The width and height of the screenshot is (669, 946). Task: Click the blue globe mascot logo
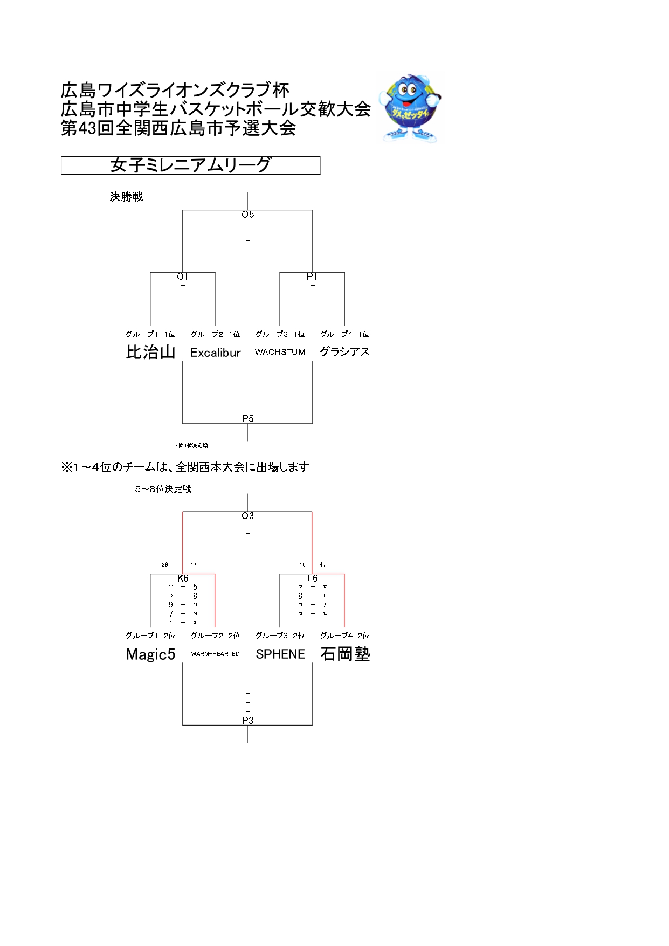pos(410,108)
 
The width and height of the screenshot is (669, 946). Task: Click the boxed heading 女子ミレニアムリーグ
pos(190,165)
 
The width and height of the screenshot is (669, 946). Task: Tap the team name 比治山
pos(150,352)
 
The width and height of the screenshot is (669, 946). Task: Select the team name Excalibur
pos(215,353)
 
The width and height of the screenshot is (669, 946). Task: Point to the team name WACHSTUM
pos(280,352)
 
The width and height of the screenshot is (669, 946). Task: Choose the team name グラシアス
pos(344,352)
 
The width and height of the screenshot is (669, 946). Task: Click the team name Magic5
pos(150,654)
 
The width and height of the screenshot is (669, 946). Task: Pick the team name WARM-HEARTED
pos(215,654)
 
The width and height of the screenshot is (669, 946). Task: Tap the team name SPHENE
pos(280,654)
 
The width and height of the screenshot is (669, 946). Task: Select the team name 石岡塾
pos(345,654)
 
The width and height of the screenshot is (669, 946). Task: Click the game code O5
pos(247,215)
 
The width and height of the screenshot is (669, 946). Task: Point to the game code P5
pos(247,419)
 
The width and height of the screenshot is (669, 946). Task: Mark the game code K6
pos(183,578)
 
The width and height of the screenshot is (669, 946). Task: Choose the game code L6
pos(312,578)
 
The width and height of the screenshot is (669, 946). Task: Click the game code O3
pos(247,516)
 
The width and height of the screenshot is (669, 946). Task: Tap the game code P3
pos(247,721)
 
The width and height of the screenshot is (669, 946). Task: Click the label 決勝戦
pos(126,197)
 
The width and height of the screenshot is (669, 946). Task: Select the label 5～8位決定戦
pos(163,489)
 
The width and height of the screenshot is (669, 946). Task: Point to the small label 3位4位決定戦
pos(191,446)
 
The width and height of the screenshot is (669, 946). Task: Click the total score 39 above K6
pos(165,565)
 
